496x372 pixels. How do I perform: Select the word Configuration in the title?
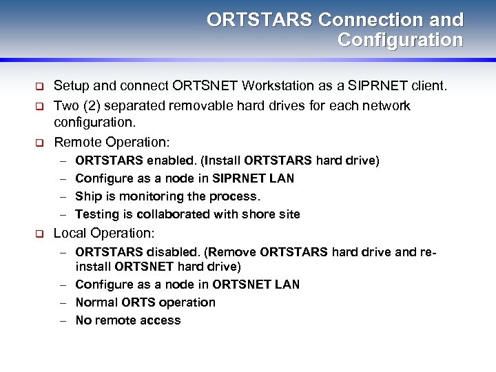coord(400,41)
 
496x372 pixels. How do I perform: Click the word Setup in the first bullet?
coord(71,87)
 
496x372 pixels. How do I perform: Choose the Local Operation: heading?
coord(104,234)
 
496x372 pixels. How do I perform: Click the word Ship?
coord(87,196)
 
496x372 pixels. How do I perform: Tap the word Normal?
coord(96,302)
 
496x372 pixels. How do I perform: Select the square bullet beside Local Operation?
coord(40,234)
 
